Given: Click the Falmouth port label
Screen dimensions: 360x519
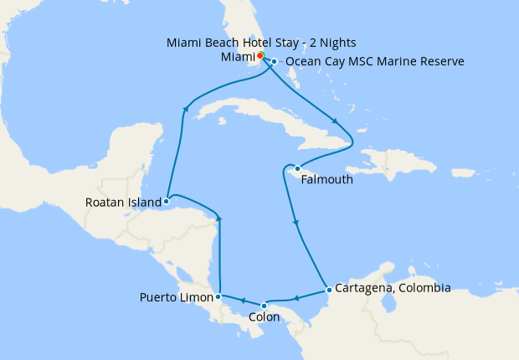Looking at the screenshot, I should (325, 179).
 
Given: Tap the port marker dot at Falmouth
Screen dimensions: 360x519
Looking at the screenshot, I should (296, 168).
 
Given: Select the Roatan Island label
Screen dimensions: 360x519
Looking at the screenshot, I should (123, 202).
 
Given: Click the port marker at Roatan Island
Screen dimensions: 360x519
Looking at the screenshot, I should (167, 201).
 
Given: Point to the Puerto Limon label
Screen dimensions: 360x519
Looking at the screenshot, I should (176, 297).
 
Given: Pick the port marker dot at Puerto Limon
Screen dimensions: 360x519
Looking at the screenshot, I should (218, 296).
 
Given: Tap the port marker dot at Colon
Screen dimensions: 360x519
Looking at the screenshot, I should (265, 305).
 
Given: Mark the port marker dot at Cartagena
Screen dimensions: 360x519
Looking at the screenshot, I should (329, 291).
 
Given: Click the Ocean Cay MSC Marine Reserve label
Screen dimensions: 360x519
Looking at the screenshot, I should (375, 62).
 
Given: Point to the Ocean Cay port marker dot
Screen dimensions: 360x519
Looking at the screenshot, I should (274, 61).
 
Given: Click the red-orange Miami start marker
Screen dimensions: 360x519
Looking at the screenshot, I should (260, 55).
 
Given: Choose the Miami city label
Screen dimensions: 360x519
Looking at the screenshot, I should (238, 56).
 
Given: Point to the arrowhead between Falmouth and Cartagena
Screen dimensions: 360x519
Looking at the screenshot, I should (295, 223).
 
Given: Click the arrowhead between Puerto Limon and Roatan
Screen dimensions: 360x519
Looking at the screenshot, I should (218, 218).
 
